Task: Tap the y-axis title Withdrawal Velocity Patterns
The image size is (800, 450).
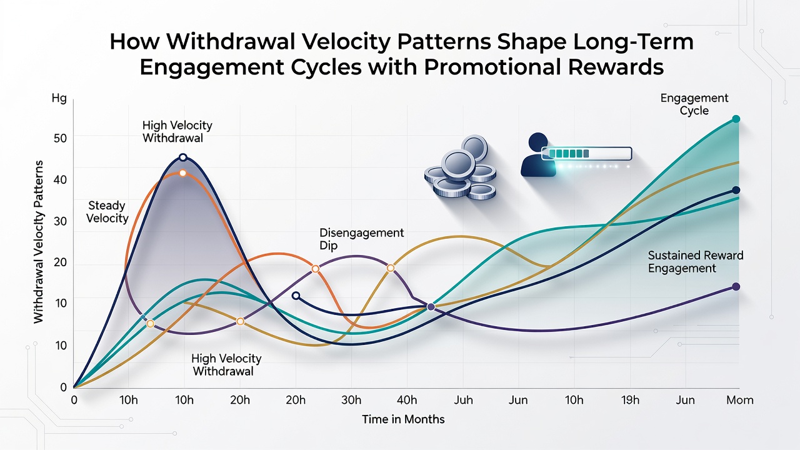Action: pyautogui.click(x=38, y=242)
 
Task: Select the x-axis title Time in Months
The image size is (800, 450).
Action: pyautogui.click(x=403, y=419)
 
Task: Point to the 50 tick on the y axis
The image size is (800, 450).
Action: pyautogui.click(x=60, y=138)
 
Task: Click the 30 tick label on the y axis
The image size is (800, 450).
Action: pyautogui.click(x=60, y=221)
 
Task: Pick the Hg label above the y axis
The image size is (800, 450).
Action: pyautogui.click(x=59, y=98)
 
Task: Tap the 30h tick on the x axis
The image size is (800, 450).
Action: pyautogui.click(x=351, y=400)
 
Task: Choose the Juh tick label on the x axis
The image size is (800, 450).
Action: pyautogui.click(x=463, y=400)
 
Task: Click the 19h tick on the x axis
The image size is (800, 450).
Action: pyautogui.click(x=630, y=400)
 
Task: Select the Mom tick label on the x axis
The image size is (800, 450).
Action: pyautogui.click(x=739, y=400)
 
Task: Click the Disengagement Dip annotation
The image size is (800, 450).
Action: pyautogui.click(x=361, y=239)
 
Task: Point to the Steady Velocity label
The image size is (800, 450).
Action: pyautogui.click(x=107, y=212)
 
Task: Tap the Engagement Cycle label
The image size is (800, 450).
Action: pyautogui.click(x=694, y=104)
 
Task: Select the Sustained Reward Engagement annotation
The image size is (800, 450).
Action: pyautogui.click(x=696, y=262)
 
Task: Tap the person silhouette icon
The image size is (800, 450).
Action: pyautogui.click(x=538, y=154)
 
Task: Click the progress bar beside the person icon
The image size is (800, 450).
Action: pyautogui.click(x=587, y=154)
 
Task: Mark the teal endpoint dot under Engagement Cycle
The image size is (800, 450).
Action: pyautogui.click(x=736, y=119)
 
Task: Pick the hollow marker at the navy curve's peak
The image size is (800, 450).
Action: pyautogui.click(x=183, y=157)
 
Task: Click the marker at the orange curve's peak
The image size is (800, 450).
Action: pyautogui.click(x=182, y=173)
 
